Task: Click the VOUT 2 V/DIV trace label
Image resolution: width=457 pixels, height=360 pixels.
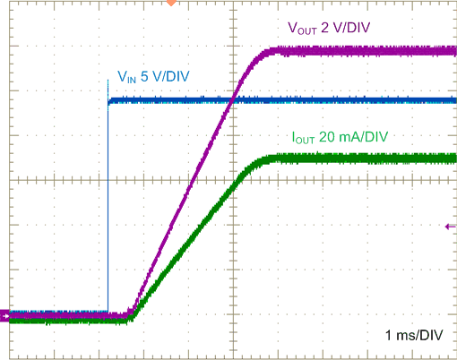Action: point(329,28)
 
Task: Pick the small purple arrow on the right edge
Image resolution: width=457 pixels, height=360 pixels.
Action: point(450,227)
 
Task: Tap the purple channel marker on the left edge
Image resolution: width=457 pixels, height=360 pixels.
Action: point(4,315)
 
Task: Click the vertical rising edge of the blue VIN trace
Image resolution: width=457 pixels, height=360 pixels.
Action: point(108,206)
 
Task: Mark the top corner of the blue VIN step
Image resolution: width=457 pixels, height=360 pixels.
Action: point(108,101)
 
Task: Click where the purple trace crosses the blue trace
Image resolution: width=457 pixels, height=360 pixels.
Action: point(233,100)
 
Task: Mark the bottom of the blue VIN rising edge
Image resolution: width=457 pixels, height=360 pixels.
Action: point(108,313)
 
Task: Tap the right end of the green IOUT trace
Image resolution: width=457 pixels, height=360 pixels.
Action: point(454,159)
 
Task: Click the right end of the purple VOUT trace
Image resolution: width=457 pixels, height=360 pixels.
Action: point(454,51)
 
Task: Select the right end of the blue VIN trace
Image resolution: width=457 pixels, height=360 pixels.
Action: point(454,100)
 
